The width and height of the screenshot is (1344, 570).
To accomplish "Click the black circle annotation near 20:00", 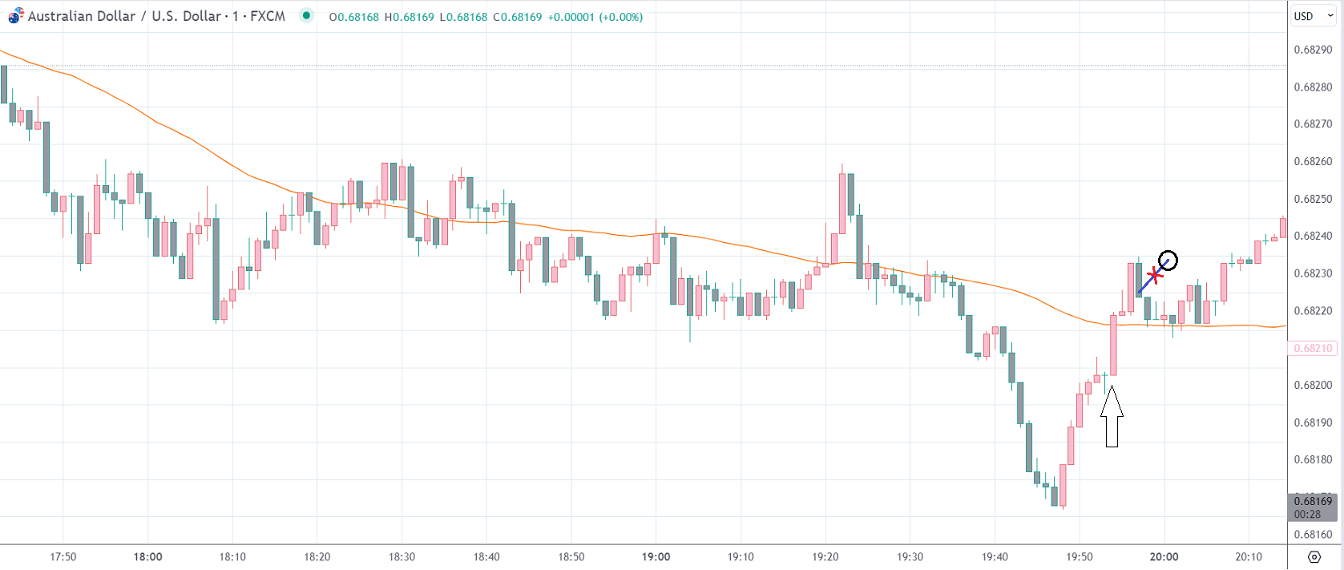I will (x=1168, y=261).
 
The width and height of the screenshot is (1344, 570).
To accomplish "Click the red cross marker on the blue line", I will (x=1153, y=277).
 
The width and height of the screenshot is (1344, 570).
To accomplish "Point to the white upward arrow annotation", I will (x=1112, y=416).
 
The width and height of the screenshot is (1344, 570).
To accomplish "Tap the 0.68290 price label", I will (x=1313, y=50).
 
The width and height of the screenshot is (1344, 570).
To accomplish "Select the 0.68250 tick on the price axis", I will (x=1313, y=199).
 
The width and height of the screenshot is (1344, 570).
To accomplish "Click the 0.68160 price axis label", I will (x=1313, y=534).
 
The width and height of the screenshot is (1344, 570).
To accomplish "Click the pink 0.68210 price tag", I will (x=1313, y=348).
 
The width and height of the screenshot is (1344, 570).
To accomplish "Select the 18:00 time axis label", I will (x=147, y=556).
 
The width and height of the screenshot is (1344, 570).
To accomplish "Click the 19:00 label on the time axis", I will (x=656, y=556).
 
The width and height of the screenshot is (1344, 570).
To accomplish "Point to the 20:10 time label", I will (x=1249, y=556).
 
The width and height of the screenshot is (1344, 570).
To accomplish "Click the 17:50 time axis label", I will (x=63, y=556).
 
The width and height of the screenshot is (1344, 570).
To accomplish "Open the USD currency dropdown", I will (x=1313, y=16).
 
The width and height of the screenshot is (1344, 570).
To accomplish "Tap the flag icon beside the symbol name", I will (x=16, y=16).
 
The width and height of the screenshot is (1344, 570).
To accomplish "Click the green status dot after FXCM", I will (x=306, y=15).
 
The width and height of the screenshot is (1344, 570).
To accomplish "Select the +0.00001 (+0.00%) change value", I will (x=595, y=17).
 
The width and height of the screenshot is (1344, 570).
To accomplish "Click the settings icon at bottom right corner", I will (x=1314, y=557).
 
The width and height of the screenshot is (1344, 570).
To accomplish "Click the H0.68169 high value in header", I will (x=409, y=17).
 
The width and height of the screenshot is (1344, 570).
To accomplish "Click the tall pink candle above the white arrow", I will (x=1113, y=346).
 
